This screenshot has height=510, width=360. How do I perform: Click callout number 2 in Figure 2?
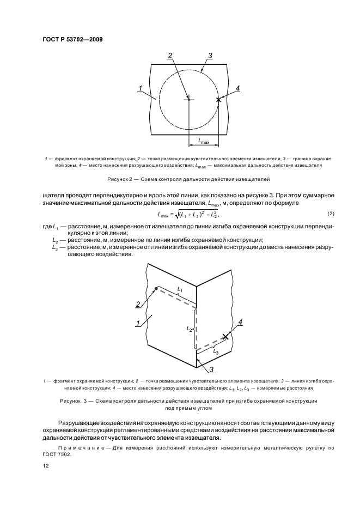click(170, 56)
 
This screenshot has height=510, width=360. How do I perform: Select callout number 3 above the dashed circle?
click(210, 56)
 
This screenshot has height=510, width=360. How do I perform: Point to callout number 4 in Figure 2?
click(237, 88)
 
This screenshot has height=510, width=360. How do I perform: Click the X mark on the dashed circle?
click(219, 100)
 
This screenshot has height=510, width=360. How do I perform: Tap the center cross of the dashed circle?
click(188, 99)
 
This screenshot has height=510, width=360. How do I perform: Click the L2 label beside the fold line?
click(189, 329)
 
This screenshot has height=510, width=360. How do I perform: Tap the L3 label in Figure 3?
click(216, 353)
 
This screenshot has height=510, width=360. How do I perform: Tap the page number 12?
click(46, 466)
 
